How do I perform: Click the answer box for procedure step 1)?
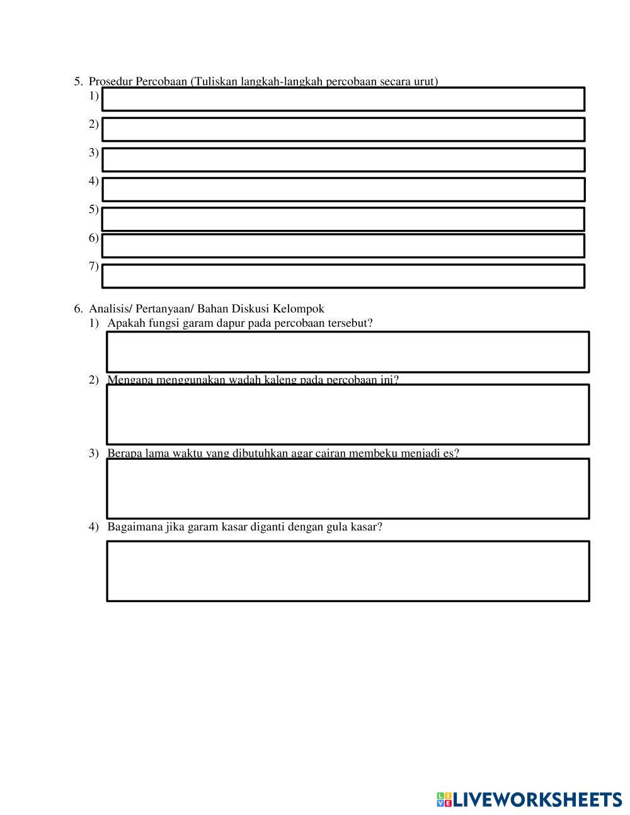343,99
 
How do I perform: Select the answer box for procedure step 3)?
343,159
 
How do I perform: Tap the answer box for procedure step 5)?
343,219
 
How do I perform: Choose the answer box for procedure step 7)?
343,276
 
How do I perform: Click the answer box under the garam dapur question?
348,351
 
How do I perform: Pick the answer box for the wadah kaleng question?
348,414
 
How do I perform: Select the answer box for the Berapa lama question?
348,489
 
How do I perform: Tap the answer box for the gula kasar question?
348,571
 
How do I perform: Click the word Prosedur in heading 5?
108,81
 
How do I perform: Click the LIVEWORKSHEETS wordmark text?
537,800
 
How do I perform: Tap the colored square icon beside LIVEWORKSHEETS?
444,800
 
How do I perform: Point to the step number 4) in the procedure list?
94,181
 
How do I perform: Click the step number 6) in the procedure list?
94,238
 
